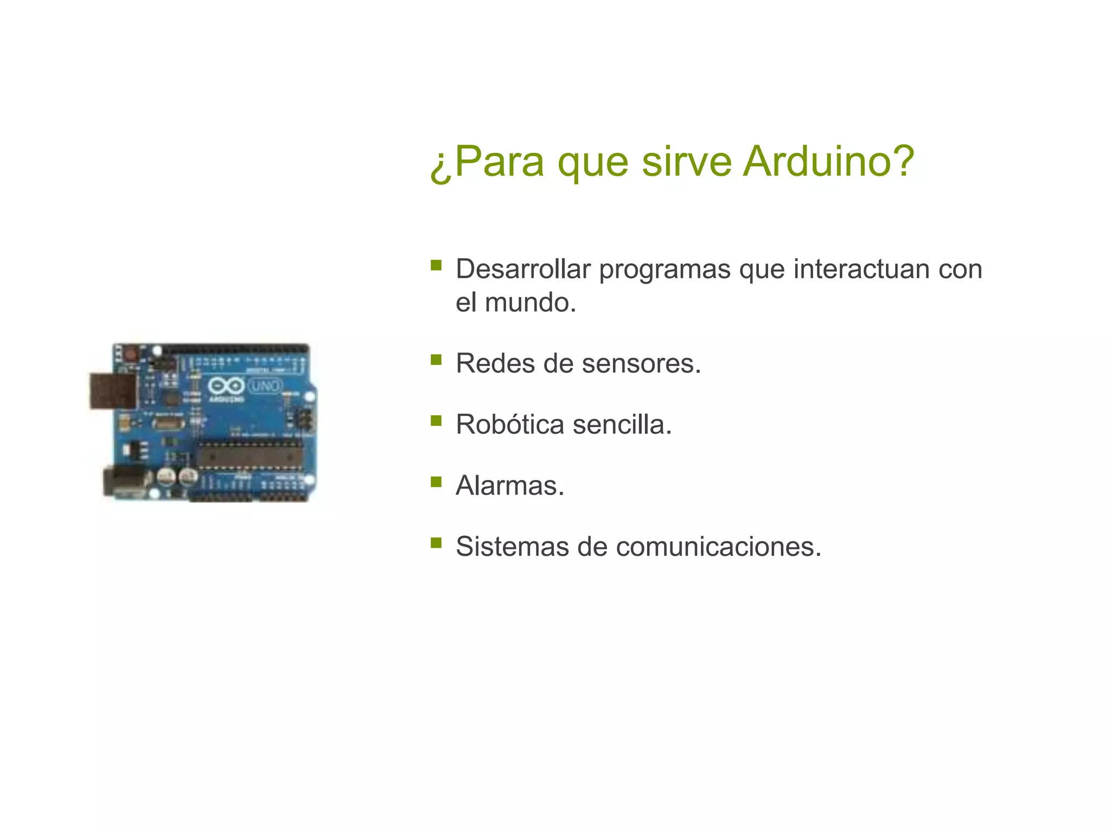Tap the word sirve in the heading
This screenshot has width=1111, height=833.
(686, 161)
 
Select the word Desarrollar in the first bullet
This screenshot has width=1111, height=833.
(523, 269)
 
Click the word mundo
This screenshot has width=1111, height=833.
(529, 303)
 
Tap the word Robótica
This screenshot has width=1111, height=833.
(509, 424)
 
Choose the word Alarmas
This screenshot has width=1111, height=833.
(509, 485)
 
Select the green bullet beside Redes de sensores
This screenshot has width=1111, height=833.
(436, 360)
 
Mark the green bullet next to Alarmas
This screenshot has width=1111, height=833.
(436, 482)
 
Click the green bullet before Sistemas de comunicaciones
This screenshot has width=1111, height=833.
(436, 542)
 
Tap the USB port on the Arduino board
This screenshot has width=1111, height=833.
(113, 390)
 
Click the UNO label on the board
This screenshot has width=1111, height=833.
(265, 386)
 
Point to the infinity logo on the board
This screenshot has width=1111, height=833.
(226, 386)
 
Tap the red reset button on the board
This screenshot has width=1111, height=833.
(130, 354)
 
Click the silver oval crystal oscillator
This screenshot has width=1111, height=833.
(168, 422)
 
